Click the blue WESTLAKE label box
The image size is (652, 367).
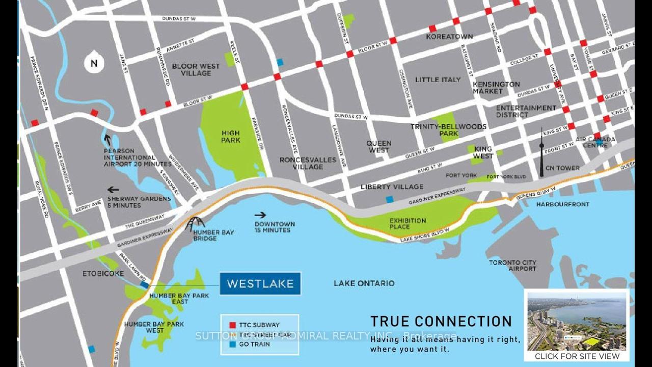click(x=260, y=284)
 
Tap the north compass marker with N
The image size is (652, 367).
click(x=94, y=62)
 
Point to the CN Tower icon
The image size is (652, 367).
click(x=542, y=153)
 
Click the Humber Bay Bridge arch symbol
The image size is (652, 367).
click(x=195, y=224)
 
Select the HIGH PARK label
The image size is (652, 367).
click(x=230, y=137)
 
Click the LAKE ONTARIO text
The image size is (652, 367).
click(x=364, y=283)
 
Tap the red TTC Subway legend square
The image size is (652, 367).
click(x=232, y=325)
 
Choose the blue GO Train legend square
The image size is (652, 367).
click(x=232, y=344)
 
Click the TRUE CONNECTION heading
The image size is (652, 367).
click(x=441, y=322)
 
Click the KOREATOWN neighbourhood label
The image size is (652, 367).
click(x=450, y=37)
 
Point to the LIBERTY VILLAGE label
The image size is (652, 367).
click(x=392, y=187)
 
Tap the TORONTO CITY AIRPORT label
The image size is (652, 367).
click(x=512, y=266)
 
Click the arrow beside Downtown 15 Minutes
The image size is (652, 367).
click(x=260, y=215)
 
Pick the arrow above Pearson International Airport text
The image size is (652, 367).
click(x=107, y=140)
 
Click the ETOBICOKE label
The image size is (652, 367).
click(x=103, y=274)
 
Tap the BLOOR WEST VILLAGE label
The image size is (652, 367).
click(x=196, y=70)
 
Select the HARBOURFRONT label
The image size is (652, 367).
click(x=563, y=204)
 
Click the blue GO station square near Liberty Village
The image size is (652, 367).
click(x=390, y=199)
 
